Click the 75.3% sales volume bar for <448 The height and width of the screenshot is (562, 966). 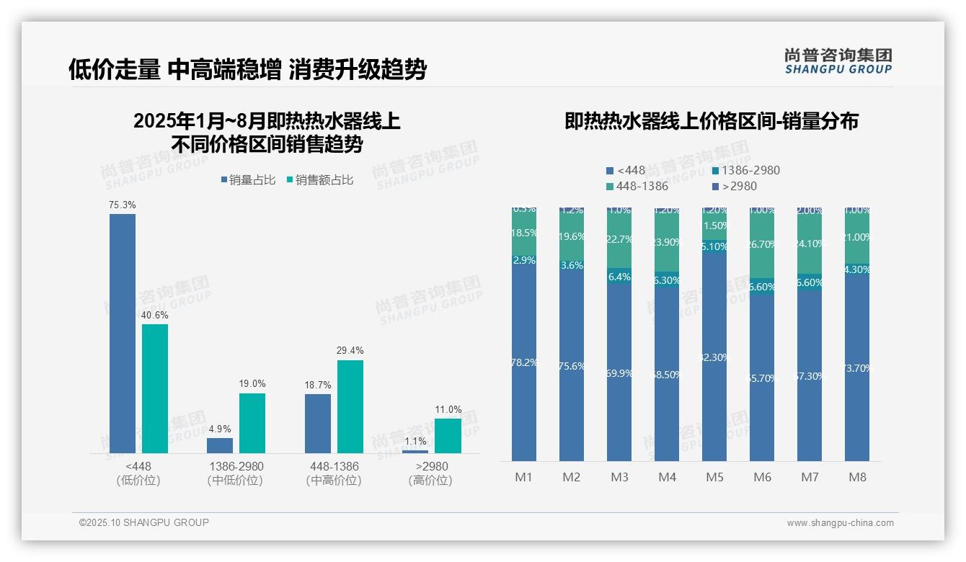coord(123,333)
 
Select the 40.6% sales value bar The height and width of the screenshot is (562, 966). coord(155,388)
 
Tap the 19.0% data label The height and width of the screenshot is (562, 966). coord(252,384)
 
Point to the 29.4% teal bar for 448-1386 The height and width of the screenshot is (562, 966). coord(350,406)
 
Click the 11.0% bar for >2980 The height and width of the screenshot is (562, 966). coord(448,436)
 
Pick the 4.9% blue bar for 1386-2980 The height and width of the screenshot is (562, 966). coord(220,445)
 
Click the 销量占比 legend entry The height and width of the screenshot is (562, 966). coord(248,180)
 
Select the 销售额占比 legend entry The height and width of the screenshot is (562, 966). coord(319,180)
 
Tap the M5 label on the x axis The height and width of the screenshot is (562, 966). coord(714,477)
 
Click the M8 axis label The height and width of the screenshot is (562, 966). coord(857,477)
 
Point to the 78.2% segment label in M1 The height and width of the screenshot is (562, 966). coord(524,362)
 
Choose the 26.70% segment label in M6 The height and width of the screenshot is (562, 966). coord(762,244)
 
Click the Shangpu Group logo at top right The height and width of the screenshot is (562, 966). coord(838,61)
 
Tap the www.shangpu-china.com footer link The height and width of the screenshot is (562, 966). coord(840,523)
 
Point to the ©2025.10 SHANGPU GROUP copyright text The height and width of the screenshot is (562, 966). coord(144,522)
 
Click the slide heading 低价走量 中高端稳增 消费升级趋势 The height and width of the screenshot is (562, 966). coord(247,69)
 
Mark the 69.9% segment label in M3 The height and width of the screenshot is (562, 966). coord(619,373)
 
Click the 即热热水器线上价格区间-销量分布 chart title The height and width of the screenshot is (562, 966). coord(712,121)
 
